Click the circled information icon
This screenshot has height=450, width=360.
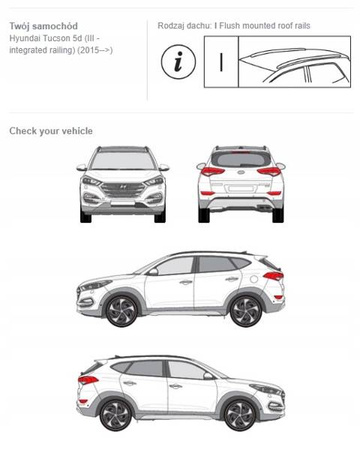pyautogui.click(x=178, y=62)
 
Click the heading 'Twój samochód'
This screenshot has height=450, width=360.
pyautogui.click(x=43, y=26)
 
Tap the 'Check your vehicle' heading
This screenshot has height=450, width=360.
pyautogui.click(x=51, y=131)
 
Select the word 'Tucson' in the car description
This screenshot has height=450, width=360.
pyautogui.click(x=58, y=38)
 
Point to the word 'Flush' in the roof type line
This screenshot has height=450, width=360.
pyautogui.click(x=230, y=26)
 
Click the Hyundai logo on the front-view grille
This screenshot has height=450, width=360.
pyautogui.click(x=123, y=187)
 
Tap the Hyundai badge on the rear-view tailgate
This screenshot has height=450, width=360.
pyautogui.click(x=241, y=172)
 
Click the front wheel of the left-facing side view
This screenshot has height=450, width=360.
pyautogui.click(x=122, y=310)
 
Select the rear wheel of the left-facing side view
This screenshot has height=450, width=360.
pyautogui.click(x=246, y=311)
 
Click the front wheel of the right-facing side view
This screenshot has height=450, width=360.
pyautogui.click(x=240, y=415)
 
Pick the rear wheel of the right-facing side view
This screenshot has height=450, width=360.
pyautogui.click(x=116, y=415)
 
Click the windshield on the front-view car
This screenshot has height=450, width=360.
pyautogui.click(x=123, y=160)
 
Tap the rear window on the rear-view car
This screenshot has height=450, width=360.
pyautogui.click(x=241, y=159)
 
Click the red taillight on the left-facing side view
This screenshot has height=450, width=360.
pyautogui.click(x=273, y=276)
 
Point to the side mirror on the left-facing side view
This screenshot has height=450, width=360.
pyautogui.click(x=153, y=272)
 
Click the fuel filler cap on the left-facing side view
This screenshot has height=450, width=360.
pyautogui.click(x=254, y=279)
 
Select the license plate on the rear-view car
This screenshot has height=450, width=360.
pyautogui.click(x=241, y=189)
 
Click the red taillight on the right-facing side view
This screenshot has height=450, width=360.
pyautogui.click(x=88, y=380)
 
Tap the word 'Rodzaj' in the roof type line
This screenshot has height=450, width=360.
pyautogui.click(x=169, y=26)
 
